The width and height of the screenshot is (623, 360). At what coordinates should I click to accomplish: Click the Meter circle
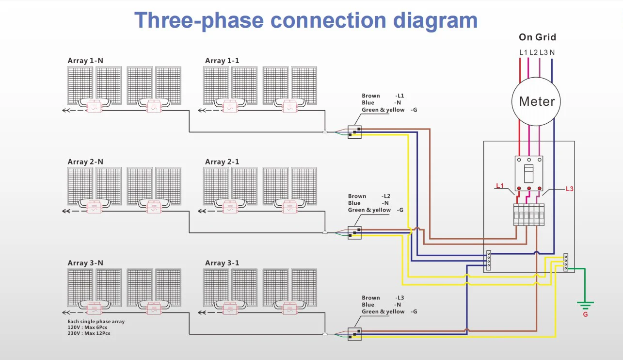click(536, 101)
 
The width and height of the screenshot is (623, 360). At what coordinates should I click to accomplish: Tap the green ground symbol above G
click(585, 305)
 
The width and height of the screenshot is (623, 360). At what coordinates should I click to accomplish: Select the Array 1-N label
click(85, 61)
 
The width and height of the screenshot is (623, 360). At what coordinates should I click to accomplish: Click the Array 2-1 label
click(222, 162)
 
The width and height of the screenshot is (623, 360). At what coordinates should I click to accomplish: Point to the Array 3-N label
click(85, 263)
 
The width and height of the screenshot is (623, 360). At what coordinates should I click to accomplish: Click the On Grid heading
click(537, 37)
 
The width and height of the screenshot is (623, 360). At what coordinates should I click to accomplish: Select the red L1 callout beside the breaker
click(500, 186)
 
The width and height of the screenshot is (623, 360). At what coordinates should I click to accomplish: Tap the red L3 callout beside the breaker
click(569, 189)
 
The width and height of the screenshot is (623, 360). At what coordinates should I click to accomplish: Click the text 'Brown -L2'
click(369, 196)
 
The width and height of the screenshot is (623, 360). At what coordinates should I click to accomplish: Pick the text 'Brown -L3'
click(383, 297)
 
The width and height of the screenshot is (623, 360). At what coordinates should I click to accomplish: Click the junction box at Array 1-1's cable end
click(354, 131)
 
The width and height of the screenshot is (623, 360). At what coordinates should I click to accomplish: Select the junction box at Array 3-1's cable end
click(354, 334)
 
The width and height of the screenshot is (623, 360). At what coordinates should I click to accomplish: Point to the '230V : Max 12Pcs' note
click(89, 333)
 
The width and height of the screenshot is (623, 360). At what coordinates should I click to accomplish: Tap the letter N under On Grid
click(552, 52)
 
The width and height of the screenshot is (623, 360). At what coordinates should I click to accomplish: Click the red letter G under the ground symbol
click(585, 315)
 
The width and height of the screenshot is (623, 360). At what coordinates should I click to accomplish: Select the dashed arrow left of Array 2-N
click(73, 211)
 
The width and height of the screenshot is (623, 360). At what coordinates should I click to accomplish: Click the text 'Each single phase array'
click(96, 322)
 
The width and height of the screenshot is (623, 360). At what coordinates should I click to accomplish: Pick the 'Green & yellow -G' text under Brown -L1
click(389, 110)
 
